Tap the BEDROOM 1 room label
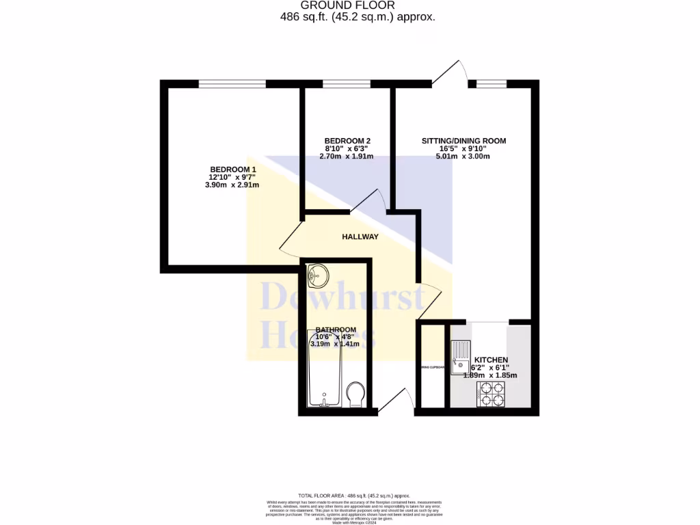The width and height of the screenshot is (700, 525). coord(233,170)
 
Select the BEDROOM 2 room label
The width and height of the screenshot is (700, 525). coord(347,141)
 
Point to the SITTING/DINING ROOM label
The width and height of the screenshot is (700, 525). coord(463,141)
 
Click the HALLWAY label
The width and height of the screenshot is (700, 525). coord(360,237)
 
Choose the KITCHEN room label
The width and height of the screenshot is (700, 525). coord(491,360)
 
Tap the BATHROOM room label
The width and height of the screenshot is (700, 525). coord(336,329)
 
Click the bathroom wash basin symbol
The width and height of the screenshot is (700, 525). coord(318,276)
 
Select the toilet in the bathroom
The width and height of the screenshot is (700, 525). coord(355,394)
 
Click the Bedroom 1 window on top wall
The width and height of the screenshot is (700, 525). coord(232,84)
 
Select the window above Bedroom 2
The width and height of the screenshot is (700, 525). coord(347,84)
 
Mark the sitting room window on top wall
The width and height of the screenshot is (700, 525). coord(492,84)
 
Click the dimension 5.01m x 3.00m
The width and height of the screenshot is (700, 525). coord(463,157)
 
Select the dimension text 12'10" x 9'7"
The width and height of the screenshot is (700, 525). coord(233,177)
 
